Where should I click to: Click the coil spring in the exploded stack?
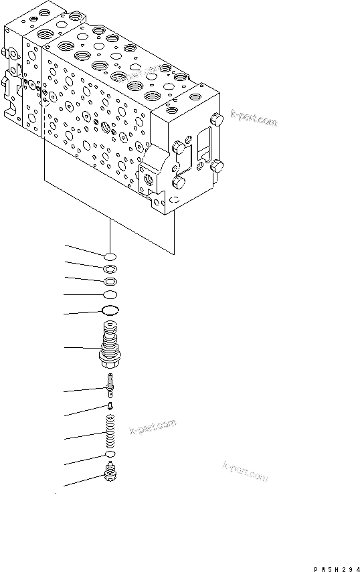coord(111,434)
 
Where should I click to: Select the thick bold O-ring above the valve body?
coord(110,310)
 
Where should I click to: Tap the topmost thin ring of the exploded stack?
coord(110,256)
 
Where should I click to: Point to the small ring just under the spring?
coord(110,456)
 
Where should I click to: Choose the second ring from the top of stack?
coord(110,269)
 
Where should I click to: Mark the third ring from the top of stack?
coord(110,281)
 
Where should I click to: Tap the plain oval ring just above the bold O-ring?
coord(110,294)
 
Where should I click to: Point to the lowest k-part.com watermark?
coord(245,472)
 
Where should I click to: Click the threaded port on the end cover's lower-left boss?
coord(149,180)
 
